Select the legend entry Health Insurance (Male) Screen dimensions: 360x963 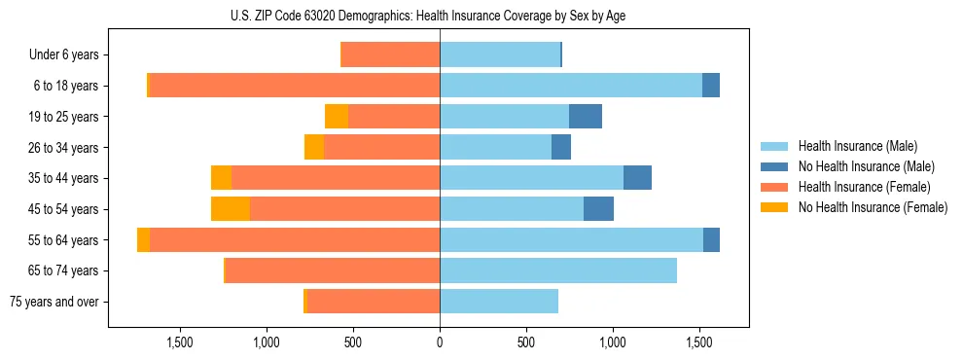tap(856, 146)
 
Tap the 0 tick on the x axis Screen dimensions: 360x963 tap(440, 342)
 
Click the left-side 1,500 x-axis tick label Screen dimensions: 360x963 tap(180, 342)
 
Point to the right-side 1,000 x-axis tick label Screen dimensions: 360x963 tap(613, 342)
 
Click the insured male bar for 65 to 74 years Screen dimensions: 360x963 tap(558, 270)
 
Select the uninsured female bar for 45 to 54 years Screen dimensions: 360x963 tap(231, 209)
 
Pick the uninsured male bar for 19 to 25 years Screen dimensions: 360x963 tap(586, 117)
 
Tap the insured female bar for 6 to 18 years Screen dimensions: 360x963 tap(295, 86)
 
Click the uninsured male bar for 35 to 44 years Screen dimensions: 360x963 tap(637, 178)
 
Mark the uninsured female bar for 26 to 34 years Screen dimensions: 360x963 tap(314, 148)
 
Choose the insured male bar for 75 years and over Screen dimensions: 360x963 tap(499, 302)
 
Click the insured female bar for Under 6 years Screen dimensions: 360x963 tap(391, 55)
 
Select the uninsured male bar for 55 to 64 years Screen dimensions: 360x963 tap(711, 240)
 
